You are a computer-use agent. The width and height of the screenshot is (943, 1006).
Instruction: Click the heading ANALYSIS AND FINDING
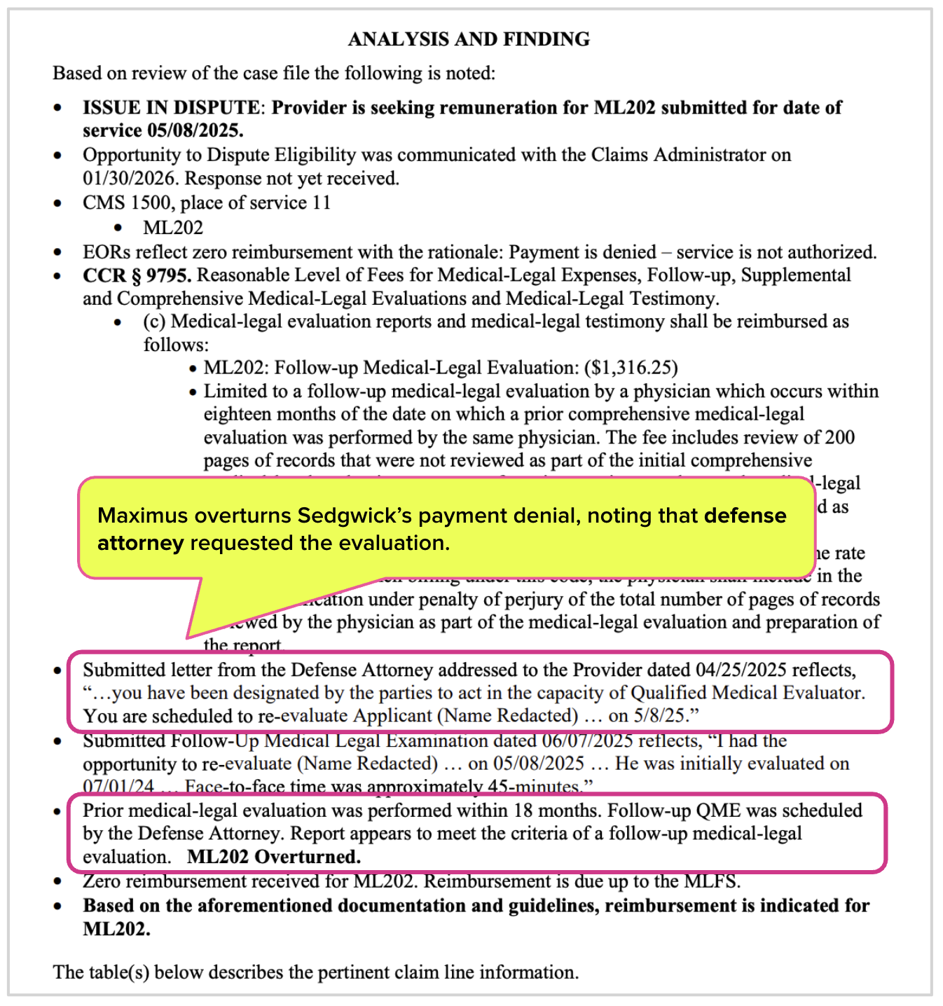pyautogui.click(x=469, y=39)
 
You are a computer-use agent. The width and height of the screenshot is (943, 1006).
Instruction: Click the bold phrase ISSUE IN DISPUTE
pyautogui.click(x=171, y=108)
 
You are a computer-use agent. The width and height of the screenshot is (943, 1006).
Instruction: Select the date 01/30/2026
pyautogui.click(x=128, y=179)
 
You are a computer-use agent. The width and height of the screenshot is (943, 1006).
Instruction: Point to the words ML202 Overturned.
pyautogui.click(x=274, y=857)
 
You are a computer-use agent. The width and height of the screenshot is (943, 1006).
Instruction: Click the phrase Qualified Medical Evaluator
pyautogui.click(x=748, y=693)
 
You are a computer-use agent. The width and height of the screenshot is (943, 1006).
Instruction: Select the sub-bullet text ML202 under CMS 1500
pyautogui.click(x=173, y=228)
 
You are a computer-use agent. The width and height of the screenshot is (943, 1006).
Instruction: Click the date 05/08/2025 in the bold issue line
pyautogui.click(x=195, y=131)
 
